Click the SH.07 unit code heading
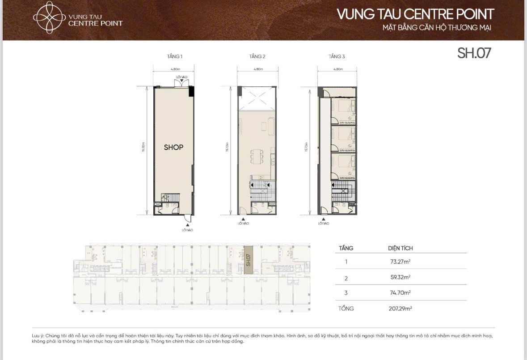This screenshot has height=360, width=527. pyautogui.click(x=474, y=53)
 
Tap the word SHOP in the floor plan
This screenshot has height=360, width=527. pyautogui.click(x=173, y=147)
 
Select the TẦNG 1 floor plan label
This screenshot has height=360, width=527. pyautogui.click(x=174, y=57)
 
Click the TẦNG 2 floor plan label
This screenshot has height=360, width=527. pyautogui.click(x=257, y=57)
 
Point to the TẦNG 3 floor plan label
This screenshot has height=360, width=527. pyautogui.click(x=337, y=57)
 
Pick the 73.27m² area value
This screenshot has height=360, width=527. pyautogui.click(x=400, y=262)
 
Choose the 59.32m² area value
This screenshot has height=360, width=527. pyautogui.click(x=400, y=277)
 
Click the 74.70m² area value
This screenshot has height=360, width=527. pyautogui.click(x=400, y=293)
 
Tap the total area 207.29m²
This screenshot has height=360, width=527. pyautogui.click(x=400, y=309)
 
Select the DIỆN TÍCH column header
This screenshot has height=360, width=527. pyautogui.click(x=400, y=248)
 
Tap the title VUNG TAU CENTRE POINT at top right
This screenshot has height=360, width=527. pyautogui.click(x=415, y=14)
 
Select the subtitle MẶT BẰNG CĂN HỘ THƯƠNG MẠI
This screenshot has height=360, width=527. pyautogui.click(x=437, y=29)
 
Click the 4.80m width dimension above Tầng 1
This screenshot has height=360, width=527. pyautogui.click(x=175, y=69)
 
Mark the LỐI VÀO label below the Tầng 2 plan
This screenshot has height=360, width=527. pyautogui.click(x=243, y=223)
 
